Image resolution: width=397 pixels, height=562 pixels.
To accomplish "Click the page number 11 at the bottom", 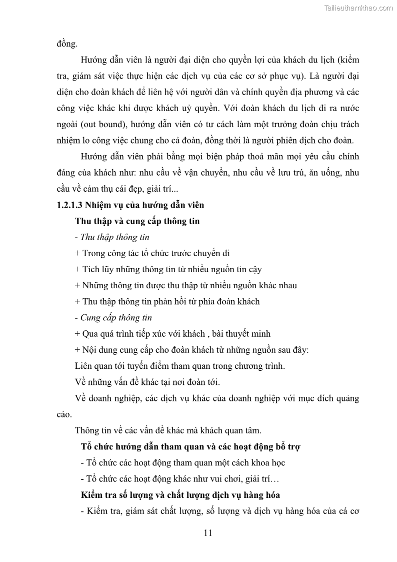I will (x=208, y=532).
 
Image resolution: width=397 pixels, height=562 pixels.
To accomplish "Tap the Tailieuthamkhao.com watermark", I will (x=358, y=8).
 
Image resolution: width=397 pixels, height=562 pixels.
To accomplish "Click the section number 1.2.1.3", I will (x=69, y=205).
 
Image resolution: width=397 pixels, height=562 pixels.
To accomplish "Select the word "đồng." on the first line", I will (x=67, y=44).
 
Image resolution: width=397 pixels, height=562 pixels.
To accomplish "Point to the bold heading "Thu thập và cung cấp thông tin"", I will (x=137, y=221).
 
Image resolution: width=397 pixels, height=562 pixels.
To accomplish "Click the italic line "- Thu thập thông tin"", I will (x=111, y=237).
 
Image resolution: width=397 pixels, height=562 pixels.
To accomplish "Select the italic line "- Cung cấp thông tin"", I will (x=113, y=318).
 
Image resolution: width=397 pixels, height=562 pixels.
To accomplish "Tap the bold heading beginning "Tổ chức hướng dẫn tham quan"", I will (x=190, y=446).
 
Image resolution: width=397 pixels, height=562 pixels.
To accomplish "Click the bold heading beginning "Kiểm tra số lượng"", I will (x=180, y=495).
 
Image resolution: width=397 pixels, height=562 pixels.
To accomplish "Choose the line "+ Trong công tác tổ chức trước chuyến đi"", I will (x=152, y=253).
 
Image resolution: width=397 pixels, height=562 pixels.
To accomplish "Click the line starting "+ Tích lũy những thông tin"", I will (x=168, y=269).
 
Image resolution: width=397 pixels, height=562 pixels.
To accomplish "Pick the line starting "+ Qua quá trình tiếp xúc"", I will (x=172, y=334).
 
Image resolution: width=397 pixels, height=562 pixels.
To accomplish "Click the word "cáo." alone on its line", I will (x=64, y=414).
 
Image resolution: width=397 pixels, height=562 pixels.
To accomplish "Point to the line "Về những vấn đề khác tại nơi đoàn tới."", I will (x=147, y=382).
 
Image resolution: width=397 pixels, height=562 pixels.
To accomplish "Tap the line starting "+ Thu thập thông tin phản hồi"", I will (x=167, y=301).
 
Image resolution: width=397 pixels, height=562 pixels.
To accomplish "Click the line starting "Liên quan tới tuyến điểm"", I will (x=179, y=366).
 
